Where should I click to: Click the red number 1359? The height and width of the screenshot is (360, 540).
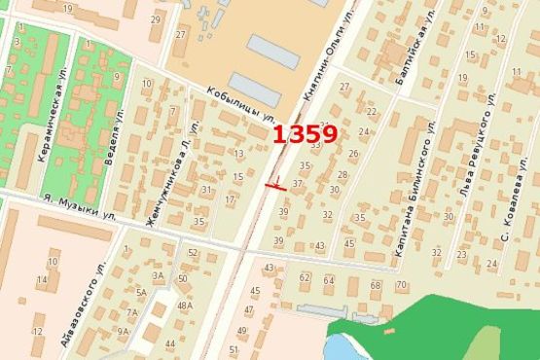[x=305, y=134]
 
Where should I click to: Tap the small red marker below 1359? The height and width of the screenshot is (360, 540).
[x=275, y=184]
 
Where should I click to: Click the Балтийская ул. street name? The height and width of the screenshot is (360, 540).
[x=412, y=57]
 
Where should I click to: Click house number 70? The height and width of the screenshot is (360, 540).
[x=402, y=285]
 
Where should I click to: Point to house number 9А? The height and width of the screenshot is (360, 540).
[x=123, y=332]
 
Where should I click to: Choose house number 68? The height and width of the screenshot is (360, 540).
[x=376, y=285]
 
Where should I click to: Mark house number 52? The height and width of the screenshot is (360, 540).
[x=193, y=253]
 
